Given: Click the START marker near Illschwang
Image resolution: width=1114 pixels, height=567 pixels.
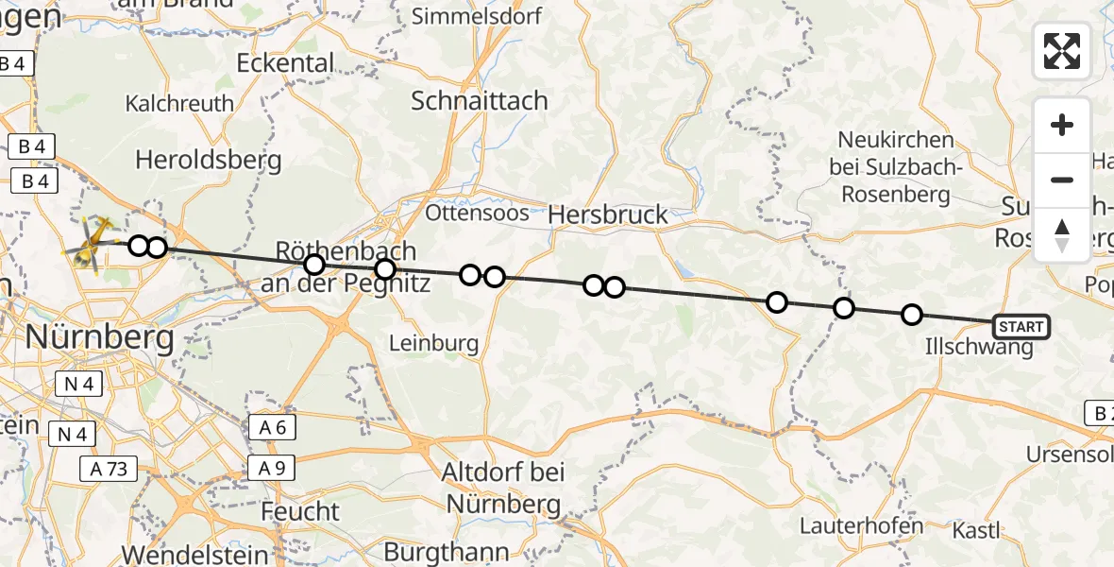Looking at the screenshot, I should pos(1021,327).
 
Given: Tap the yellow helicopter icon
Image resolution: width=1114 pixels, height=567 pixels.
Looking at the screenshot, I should pos(89,244).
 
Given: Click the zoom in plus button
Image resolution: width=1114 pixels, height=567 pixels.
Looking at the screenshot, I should pos(1062,125).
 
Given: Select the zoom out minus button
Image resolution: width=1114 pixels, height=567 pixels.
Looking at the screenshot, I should pos(1062,180).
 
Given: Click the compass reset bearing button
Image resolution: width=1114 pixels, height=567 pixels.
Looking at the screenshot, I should pos(1062,234).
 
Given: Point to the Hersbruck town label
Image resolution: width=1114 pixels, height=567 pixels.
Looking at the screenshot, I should pos(609,215).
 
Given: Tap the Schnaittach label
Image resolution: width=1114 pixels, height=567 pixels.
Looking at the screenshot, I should pos(479,101).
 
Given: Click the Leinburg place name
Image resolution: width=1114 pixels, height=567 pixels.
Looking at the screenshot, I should pos(434,343).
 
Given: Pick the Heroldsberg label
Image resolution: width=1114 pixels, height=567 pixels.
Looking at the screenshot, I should pos(209,160).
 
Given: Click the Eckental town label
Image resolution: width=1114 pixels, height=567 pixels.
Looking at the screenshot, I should pos(285,63).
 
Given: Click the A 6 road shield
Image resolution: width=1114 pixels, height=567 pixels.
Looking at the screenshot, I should pos(273,427).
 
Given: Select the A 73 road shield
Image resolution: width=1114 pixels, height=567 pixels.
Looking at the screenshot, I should pos(110,467).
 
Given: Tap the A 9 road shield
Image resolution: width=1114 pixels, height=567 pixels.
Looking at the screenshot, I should pos(273,467).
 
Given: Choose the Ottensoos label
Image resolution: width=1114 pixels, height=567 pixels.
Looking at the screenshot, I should pos(477,213).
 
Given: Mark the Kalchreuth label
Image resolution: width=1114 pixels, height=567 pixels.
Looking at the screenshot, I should pos(178,103).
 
